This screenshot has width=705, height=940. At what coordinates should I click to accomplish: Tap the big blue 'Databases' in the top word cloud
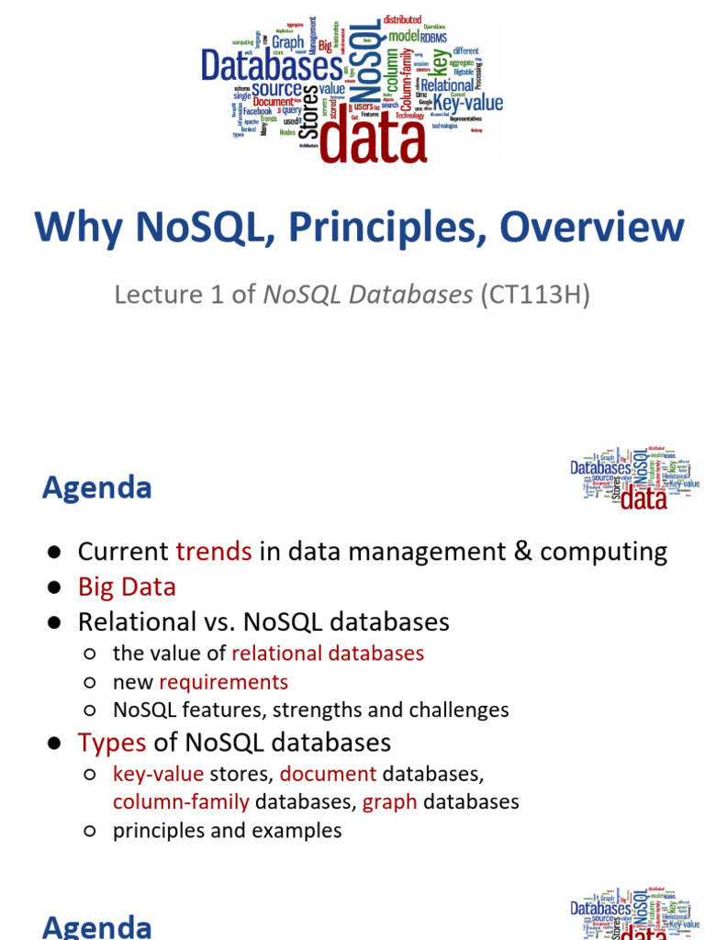(x=260, y=65)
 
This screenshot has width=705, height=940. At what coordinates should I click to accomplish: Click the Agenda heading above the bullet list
(x=96, y=487)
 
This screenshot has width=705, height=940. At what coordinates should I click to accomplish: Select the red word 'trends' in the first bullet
(x=213, y=552)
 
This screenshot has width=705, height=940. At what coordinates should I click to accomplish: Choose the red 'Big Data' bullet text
(x=127, y=587)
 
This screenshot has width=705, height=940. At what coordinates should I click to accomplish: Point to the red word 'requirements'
(x=223, y=682)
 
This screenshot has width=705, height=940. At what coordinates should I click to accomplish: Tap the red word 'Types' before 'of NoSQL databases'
(x=112, y=742)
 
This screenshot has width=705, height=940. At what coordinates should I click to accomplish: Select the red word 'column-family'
(x=181, y=801)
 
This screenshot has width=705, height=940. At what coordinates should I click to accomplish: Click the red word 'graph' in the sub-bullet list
(x=389, y=801)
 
